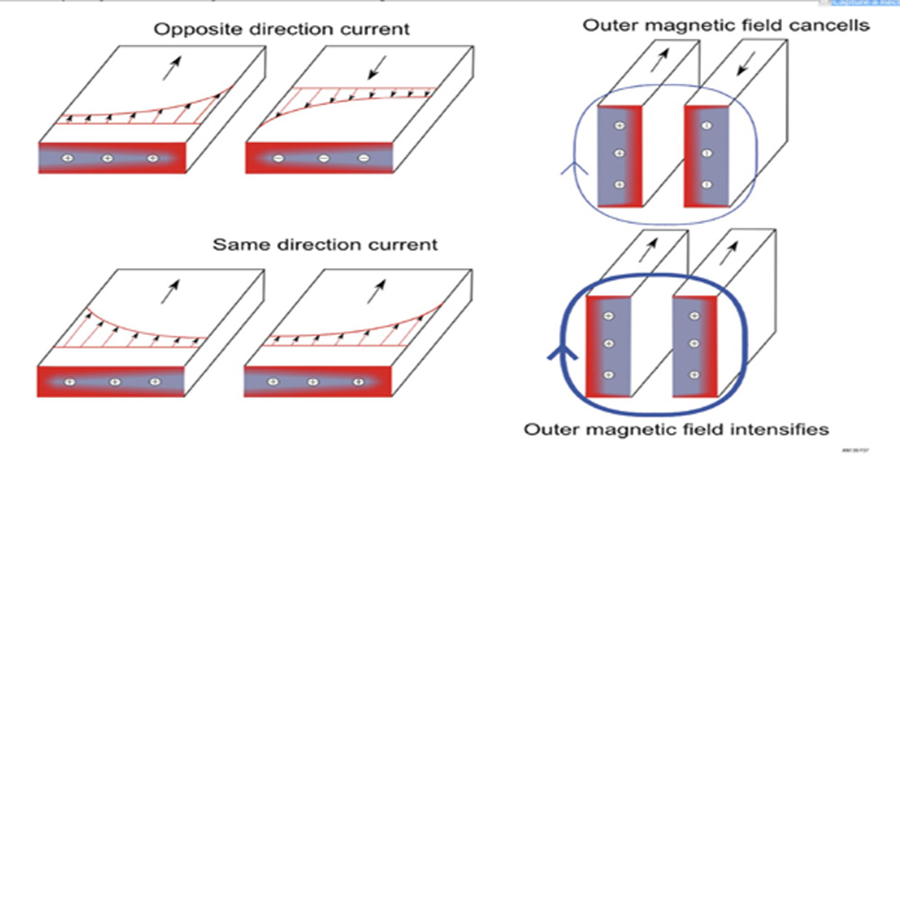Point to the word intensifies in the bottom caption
(779, 429)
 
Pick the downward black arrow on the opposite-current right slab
(376, 65)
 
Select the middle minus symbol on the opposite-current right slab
(324, 159)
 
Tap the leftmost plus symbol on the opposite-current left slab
(67, 159)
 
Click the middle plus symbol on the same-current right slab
(312, 382)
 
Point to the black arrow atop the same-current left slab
(170, 291)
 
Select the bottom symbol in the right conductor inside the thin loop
(706, 184)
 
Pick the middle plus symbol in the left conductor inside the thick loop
(608, 345)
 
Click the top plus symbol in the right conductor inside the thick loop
(693, 316)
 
